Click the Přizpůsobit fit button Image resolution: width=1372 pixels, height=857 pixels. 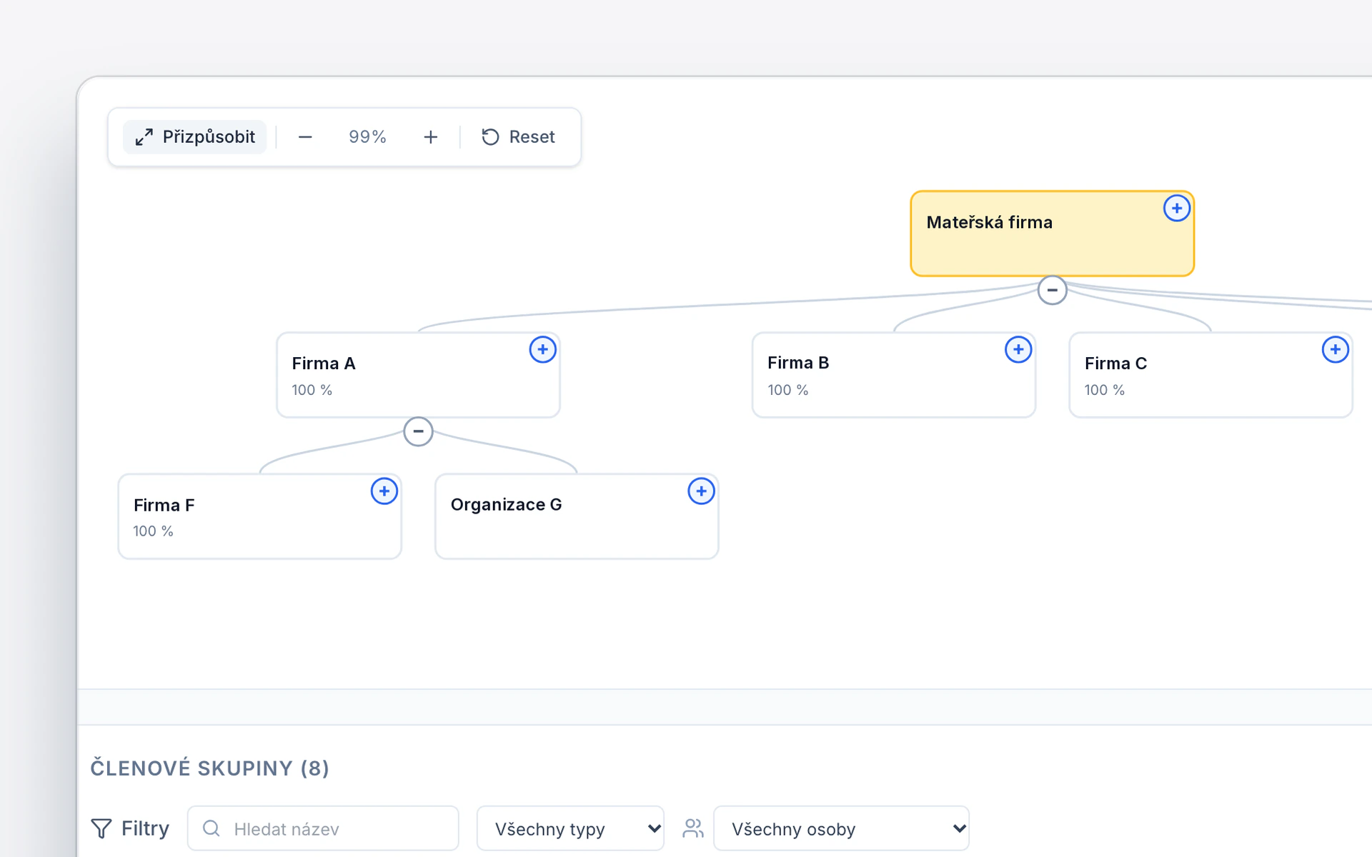[x=194, y=137]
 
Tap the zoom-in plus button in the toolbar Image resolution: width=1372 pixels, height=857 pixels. [x=430, y=137]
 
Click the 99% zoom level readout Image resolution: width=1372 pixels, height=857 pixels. [x=367, y=137]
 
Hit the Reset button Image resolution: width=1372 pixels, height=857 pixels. [x=518, y=137]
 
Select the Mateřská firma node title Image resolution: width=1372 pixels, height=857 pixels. [x=989, y=223]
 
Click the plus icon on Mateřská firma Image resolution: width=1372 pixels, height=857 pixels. [x=1176, y=209]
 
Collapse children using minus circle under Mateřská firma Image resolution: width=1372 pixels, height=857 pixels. [x=1052, y=290]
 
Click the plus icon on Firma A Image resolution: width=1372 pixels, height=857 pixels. [x=542, y=349]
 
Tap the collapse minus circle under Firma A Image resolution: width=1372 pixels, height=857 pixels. [x=418, y=431]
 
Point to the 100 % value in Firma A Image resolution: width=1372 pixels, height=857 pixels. [x=312, y=390]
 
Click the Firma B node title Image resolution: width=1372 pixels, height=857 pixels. [x=798, y=363]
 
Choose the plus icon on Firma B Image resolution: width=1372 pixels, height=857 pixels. [x=1018, y=349]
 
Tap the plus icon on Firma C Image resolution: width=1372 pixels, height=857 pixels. [x=1335, y=349]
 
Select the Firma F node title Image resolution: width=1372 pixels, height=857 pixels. [x=164, y=506]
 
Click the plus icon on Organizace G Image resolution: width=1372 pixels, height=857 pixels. [x=701, y=491]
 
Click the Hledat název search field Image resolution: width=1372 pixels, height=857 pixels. [x=323, y=828]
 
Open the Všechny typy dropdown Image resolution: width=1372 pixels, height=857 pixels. [x=570, y=828]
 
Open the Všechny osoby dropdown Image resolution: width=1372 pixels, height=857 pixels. [x=841, y=828]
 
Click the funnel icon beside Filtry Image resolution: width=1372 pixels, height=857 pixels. [x=101, y=828]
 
